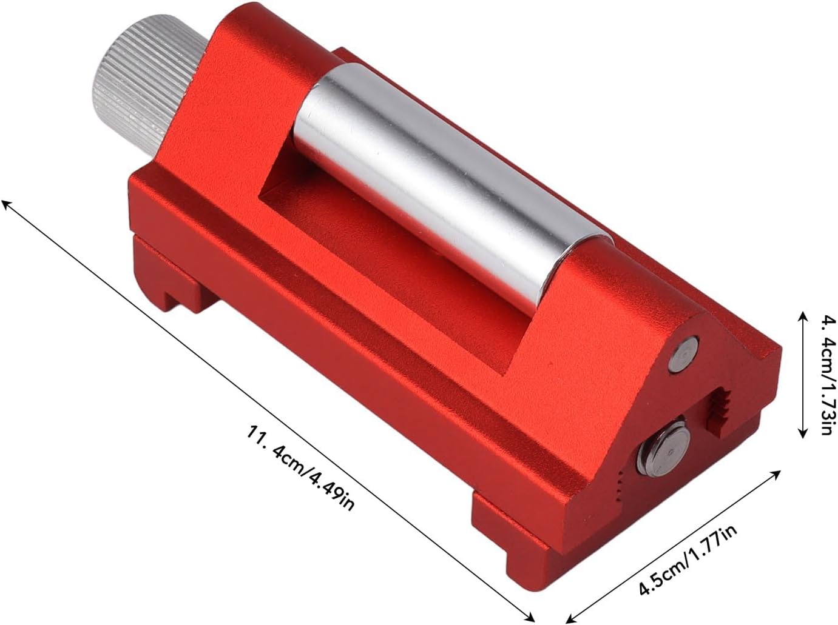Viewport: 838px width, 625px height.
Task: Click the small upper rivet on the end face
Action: [683, 353]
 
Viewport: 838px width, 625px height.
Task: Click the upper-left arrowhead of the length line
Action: [7, 205]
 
